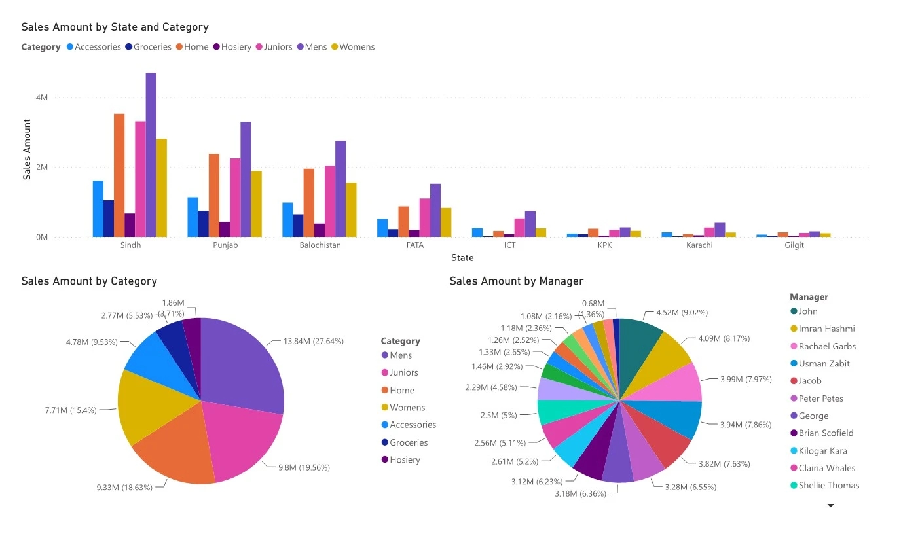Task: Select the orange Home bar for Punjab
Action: point(214,196)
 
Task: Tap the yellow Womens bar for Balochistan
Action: point(351,210)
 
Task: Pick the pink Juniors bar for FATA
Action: point(425,218)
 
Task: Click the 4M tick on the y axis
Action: point(41,98)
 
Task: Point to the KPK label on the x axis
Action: point(605,245)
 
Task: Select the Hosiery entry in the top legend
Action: point(236,47)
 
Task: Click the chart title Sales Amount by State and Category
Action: point(115,27)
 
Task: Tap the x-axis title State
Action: point(462,258)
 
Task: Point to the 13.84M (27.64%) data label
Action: point(313,341)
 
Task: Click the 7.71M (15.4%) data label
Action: point(71,410)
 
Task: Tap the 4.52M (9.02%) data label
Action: point(681,313)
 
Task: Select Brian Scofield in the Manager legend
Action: point(826,433)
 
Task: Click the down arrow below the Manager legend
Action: point(831,506)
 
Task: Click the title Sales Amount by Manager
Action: point(516,281)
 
